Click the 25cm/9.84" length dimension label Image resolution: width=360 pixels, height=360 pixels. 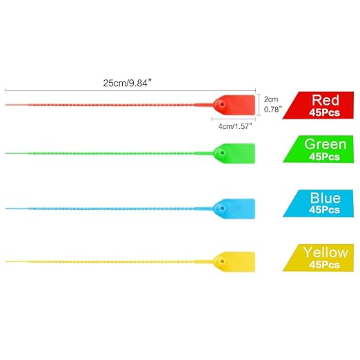(x=128, y=83)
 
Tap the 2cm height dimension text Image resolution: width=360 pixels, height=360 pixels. (x=271, y=99)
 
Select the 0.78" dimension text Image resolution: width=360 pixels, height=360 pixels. (x=272, y=109)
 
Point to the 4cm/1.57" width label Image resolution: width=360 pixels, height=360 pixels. (x=235, y=126)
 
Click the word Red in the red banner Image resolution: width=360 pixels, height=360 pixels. (x=326, y=100)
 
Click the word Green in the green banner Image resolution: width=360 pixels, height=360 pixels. (x=326, y=144)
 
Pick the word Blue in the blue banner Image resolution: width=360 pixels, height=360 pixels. (x=326, y=198)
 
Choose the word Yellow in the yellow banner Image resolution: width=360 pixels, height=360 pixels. (x=326, y=252)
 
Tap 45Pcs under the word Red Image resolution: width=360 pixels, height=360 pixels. (x=324, y=112)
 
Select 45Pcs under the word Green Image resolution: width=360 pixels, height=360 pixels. (x=324, y=157)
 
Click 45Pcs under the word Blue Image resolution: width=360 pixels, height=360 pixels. (x=324, y=210)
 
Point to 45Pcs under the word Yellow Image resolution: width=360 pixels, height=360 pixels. (x=324, y=265)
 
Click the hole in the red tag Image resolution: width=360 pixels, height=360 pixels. (x=222, y=104)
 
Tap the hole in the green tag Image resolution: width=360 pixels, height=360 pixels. (x=222, y=152)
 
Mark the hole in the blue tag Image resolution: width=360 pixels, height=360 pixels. (x=222, y=208)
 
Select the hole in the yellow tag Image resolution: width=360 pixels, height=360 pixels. (x=222, y=261)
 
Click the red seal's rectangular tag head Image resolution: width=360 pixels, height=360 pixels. (x=234, y=105)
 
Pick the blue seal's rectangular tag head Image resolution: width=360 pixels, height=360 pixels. (x=234, y=209)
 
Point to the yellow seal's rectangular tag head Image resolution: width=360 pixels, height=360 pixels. (x=234, y=262)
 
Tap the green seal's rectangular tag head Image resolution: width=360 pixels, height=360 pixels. (x=234, y=153)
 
